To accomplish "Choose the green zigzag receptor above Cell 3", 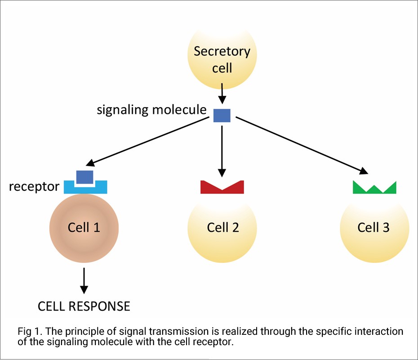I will [x=374, y=189].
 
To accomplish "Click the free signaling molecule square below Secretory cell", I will [x=222, y=116].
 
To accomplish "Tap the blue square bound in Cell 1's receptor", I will [x=85, y=177].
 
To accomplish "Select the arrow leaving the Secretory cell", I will [x=222, y=94].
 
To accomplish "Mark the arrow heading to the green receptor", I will [x=301, y=145].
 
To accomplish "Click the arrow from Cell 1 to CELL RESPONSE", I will [x=84, y=282].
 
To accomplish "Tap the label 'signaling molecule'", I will [x=151, y=110].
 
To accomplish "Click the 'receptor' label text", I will [x=34, y=186].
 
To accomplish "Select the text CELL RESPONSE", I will [x=84, y=306].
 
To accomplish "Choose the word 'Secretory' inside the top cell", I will [x=222, y=51].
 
